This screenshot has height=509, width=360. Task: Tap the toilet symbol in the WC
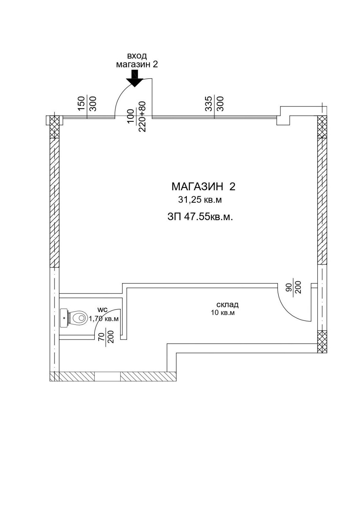[x=74, y=317]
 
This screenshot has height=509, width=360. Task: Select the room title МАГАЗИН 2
[x=203, y=187]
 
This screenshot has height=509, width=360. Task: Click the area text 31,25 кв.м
[x=200, y=200]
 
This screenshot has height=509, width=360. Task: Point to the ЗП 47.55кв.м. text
[x=200, y=217]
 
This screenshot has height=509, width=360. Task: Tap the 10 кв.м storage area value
[x=222, y=313]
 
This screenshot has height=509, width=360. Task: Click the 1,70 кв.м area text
[x=104, y=319]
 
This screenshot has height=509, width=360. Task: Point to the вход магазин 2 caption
[x=137, y=60]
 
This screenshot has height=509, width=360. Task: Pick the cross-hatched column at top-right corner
[x=322, y=127]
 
